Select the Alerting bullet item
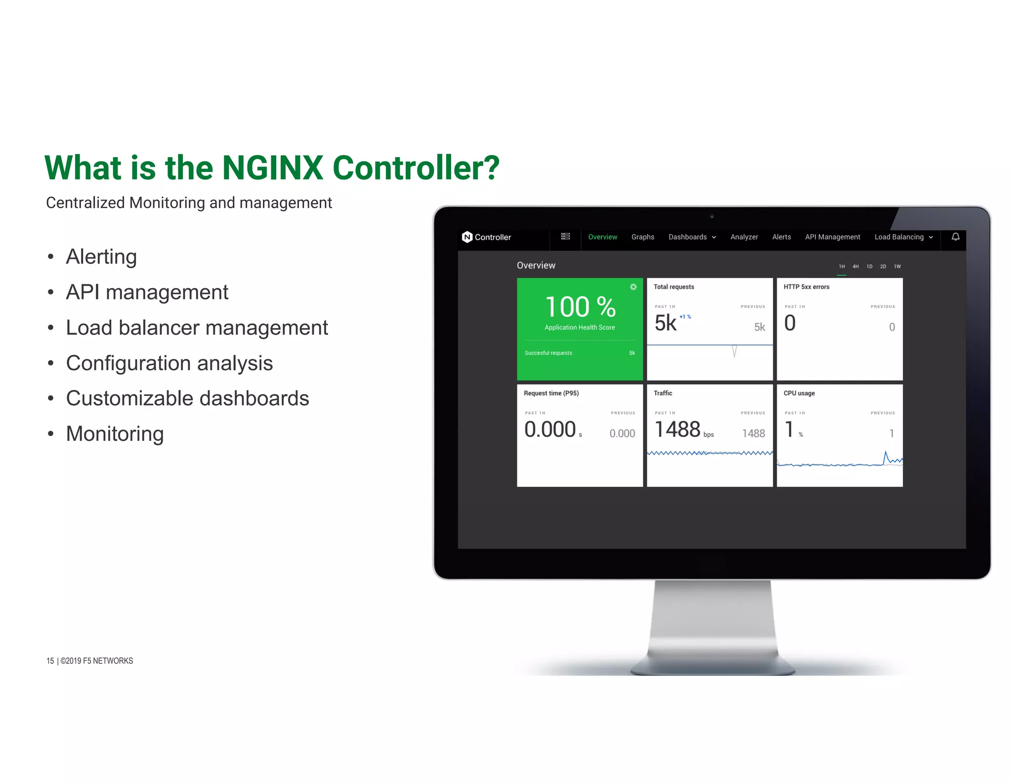coord(101,257)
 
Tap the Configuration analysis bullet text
coord(169,363)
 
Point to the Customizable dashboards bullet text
coord(187,398)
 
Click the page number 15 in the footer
coord(50,661)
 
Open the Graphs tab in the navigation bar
coord(642,237)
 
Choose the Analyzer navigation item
coord(744,237)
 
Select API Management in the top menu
coord(832,237)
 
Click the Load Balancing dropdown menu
coord(903,237)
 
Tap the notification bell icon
coord(956,237)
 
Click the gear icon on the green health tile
coord(633,287)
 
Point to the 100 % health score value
coord(580,307)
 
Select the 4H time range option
coord(855,266)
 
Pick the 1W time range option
coord(897,266)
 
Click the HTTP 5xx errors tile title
coord(806,287)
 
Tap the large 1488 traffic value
coord(677,429)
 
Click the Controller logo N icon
coord(467,237)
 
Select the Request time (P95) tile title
coord(551,393)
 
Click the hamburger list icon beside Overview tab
coord(565,237)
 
